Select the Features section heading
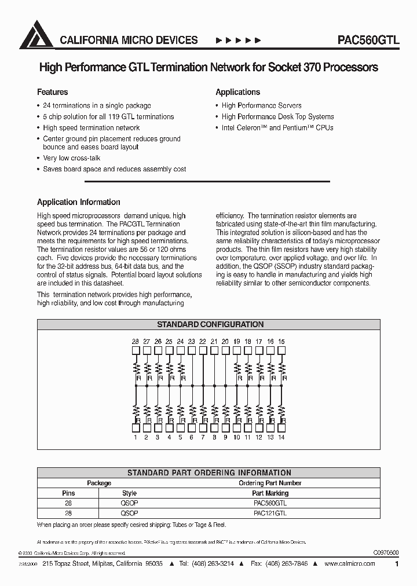[x=53, y=92]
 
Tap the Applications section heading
[x=237, y=92]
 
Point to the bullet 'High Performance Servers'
[x=261, y=105]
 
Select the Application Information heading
[x=79, y=202]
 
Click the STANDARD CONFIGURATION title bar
[x=211, y=325]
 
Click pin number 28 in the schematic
[x=135, y=342]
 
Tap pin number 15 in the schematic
[x=281, y=342]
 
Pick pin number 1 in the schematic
[x=135, y=438]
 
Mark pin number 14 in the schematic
[x=281, y=438]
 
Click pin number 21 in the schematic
[x=214, y=342]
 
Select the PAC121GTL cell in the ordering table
[x=269, y=513]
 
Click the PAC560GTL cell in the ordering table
[x=269, y=503]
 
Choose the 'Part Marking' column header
[x=270, y=493]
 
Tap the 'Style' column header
[x=129, y=493]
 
